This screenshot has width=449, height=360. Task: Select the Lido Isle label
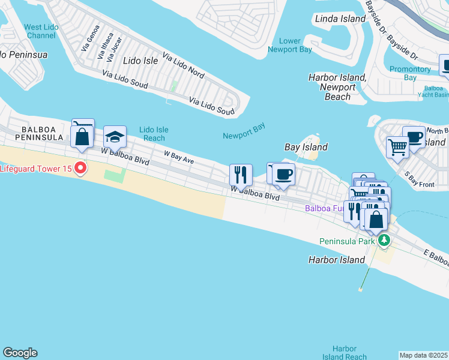click(140, 61)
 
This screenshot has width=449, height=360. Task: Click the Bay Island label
click(306, 147)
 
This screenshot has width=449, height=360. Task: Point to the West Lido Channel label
click(41, 31)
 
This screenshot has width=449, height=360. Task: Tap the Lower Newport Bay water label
click(291, 46)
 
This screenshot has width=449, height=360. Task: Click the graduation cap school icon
click(115, 136)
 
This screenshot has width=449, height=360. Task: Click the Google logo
click(20, 353)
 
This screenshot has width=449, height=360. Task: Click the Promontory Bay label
click(410, 73)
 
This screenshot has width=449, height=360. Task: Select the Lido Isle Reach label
click(154, 134)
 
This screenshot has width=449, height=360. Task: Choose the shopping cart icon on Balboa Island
click(397, 146)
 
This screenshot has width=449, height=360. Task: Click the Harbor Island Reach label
click(345, 353)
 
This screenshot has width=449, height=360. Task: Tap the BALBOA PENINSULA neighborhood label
click(42, 133)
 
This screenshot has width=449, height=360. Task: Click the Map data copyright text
click(424, 355)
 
